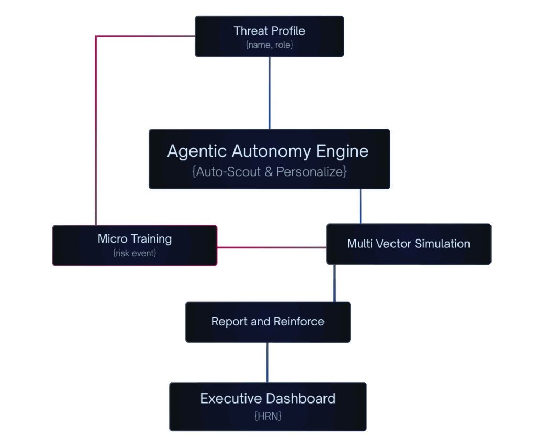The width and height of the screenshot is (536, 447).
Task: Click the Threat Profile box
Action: click(269, 36)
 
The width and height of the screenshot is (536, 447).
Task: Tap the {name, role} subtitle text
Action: click(269, 45)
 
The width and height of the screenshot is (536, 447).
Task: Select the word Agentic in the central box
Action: click(197, 151)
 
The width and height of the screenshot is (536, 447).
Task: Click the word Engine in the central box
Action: click(342, 151)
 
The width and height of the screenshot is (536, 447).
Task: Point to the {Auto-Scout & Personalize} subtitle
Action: click(269, 171)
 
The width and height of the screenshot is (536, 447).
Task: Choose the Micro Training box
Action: click(135, 245)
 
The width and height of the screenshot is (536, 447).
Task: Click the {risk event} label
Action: click(135, 253)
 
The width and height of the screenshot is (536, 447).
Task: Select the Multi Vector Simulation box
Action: click(408, 244)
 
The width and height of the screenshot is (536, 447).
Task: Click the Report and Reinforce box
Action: click(267, 322)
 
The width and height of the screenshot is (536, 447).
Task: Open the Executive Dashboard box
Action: click(267, 406)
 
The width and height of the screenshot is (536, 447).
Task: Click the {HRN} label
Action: click(267, 416)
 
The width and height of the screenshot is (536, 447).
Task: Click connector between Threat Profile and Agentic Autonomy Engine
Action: click(269, 93)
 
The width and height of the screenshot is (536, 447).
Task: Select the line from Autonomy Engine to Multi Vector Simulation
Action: click(360, 206)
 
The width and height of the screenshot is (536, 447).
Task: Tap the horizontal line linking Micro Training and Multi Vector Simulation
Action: click(271, 247)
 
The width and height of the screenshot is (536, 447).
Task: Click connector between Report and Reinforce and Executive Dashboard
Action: click(267, 362)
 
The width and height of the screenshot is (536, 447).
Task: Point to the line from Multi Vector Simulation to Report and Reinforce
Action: click(334, 283)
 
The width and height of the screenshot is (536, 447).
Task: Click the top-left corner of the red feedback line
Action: click(96, 36)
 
